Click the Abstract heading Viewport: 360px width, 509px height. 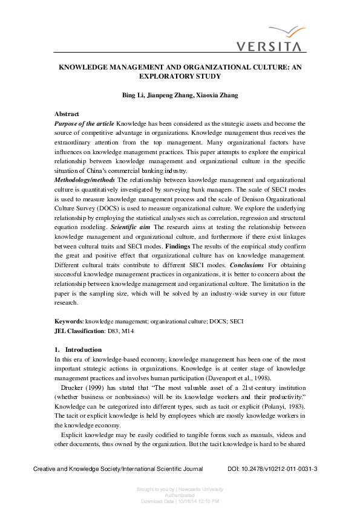click(x=67, y=114)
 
